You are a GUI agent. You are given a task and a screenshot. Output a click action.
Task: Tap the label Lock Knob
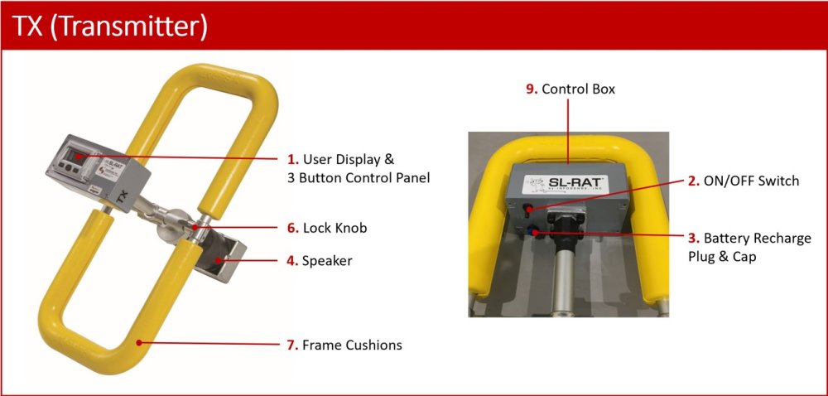click(x=335, y=228)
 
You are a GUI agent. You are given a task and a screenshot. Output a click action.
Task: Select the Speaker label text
click(x=327, y=261)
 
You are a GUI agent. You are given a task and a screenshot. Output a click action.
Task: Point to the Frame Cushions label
click(x=352, y=345)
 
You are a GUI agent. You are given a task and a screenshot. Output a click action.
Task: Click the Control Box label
click(x=579, y=89)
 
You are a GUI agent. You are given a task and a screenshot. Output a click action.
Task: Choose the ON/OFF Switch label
click(x=752, y=181)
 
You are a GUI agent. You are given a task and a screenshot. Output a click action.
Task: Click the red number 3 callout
click(x=694, y=238)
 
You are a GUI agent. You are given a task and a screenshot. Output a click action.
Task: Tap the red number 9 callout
click(x=532, y=89)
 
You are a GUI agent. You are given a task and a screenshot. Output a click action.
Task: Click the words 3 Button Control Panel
click(x=355, y=178)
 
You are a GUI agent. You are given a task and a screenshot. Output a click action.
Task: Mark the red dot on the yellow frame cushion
click(x=139, y=343)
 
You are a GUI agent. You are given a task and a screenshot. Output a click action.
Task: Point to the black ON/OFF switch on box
click(x=529, y=210)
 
